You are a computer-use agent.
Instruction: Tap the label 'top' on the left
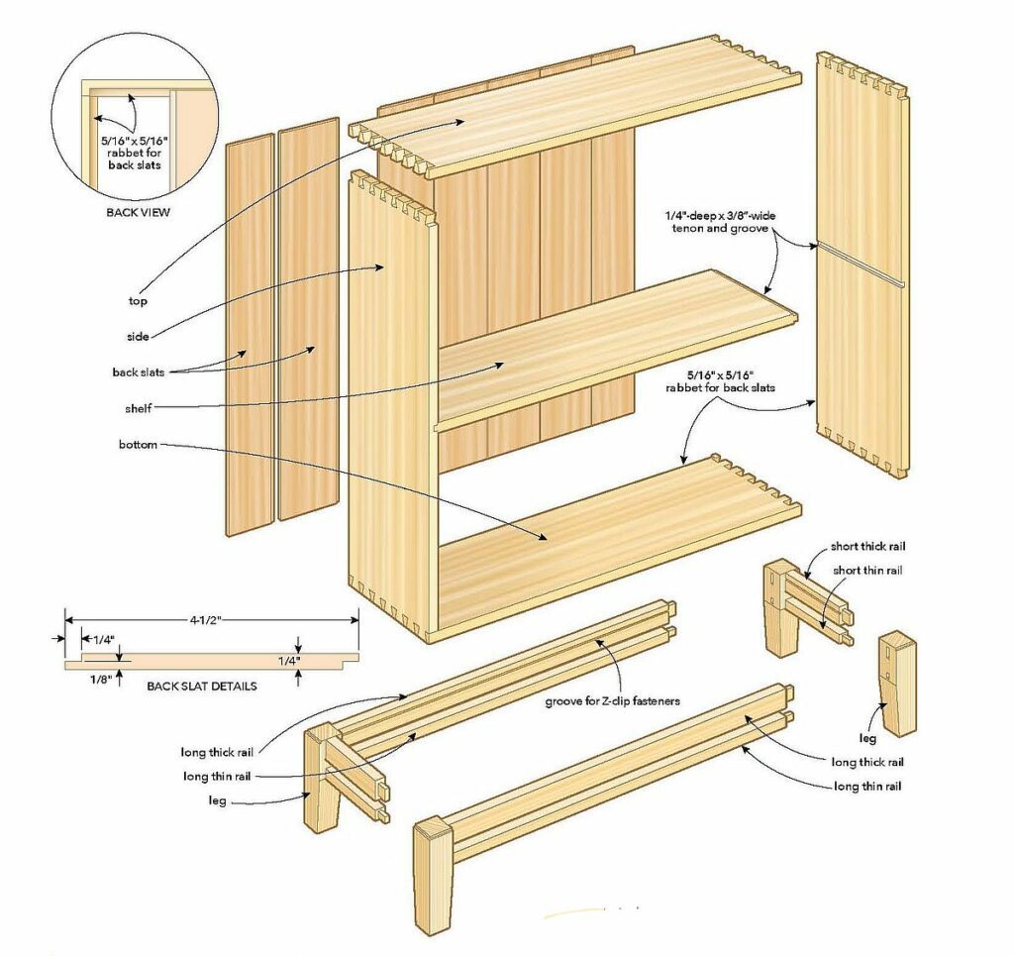pyautogui.click(x=138, y=300)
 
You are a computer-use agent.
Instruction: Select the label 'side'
pyautogui.click(x=138, y=337)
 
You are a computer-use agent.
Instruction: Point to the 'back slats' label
pyautogui.click(x=138, y=372)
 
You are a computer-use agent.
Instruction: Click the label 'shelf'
pyautogui.click(x=138, y=408)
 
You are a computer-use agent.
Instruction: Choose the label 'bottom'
pyautogui.click(x=138, y=445)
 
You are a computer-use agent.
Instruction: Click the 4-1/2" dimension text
pyautogui.click(x=207, y=621)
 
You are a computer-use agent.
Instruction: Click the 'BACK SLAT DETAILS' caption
pyautogui.click(x=202, y=686)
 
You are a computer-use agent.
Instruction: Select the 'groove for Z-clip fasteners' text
pyautogui.click(x=612, y=701)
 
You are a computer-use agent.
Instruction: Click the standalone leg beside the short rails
pyautogui.click(x=897, y=683)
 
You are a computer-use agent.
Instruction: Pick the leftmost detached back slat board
pyautogui.click(x=250, y=337)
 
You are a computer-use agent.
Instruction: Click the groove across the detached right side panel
pyautogui.click(x=861, y=265)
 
